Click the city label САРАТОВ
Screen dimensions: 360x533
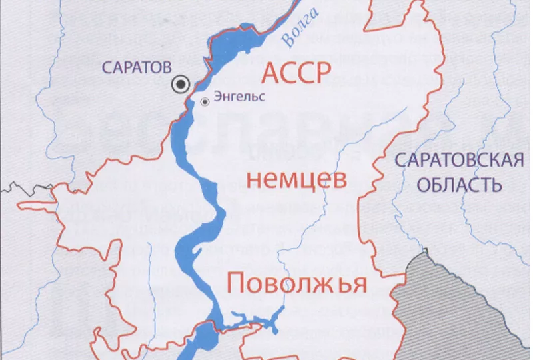point(136,67)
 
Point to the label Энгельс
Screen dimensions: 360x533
point(239,97)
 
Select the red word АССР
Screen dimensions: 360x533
point(296,72)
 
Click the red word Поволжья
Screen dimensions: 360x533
point(296,283)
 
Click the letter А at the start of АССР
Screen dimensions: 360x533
point(272,72)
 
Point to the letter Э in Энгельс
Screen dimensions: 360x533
point(218,97)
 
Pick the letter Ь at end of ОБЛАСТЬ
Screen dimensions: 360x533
point(496,185)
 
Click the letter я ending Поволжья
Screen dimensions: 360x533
point(359,285)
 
